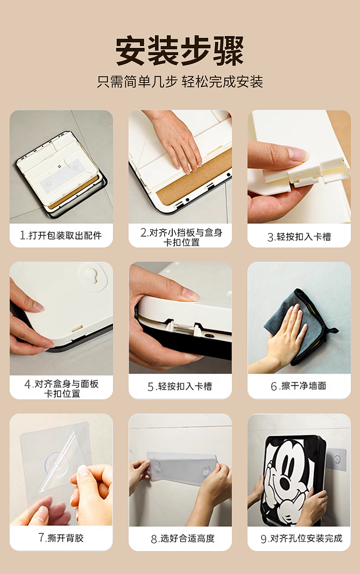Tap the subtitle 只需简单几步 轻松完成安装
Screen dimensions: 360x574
[180, 82]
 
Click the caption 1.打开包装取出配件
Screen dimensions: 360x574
[61, 235]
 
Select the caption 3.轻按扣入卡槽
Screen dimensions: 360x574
[299, 237]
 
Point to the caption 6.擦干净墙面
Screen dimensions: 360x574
[298, 386]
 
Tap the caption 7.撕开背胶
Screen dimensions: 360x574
[61, 538]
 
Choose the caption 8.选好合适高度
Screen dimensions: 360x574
[183, 538]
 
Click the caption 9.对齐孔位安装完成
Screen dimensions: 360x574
[301, 538]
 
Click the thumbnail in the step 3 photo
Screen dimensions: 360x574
[298, 154]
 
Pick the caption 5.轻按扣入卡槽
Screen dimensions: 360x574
[180, 387]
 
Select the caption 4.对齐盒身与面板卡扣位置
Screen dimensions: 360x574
[62, 388]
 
